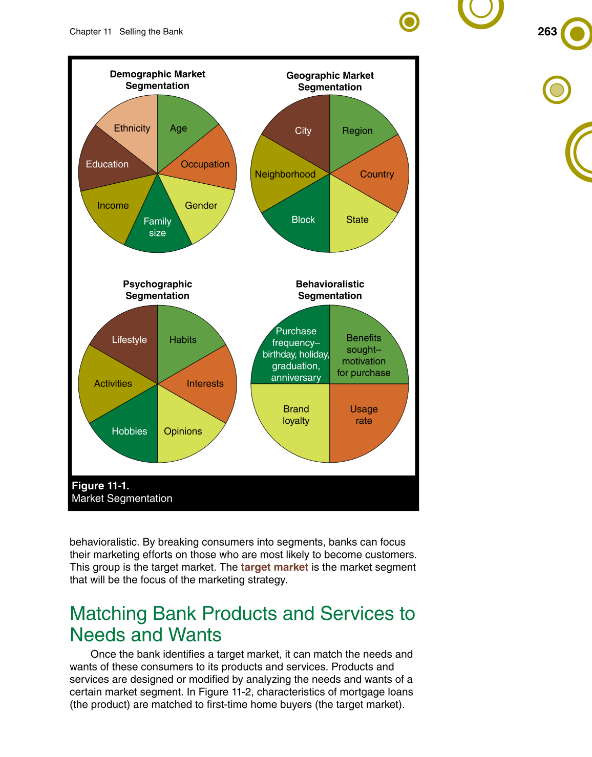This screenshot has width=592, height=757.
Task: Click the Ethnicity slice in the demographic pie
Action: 132,128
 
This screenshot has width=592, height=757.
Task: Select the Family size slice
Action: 158,227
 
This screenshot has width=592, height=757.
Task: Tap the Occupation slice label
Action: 205,164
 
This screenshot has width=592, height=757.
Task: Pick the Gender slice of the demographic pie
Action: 201,206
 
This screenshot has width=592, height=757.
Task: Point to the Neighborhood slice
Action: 285,175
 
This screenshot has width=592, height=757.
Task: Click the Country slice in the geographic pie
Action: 377,175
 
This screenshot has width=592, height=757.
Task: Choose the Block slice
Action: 303,220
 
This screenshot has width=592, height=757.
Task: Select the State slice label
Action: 357,220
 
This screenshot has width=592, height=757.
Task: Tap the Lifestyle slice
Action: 129,340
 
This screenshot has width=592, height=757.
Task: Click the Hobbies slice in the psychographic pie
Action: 129,431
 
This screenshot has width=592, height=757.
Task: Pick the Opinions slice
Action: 183,431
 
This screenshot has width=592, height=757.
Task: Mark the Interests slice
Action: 205,384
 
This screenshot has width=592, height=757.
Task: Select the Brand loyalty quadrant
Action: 296,415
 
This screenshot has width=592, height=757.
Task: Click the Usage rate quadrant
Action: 364,415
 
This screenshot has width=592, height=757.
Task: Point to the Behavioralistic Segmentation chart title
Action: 330,290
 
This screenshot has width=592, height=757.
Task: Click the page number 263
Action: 547,32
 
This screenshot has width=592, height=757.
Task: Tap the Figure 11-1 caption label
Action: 100,486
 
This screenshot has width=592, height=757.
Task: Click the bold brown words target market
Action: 274,567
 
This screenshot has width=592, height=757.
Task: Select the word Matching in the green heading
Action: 108,614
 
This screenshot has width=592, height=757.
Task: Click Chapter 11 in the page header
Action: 91,32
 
